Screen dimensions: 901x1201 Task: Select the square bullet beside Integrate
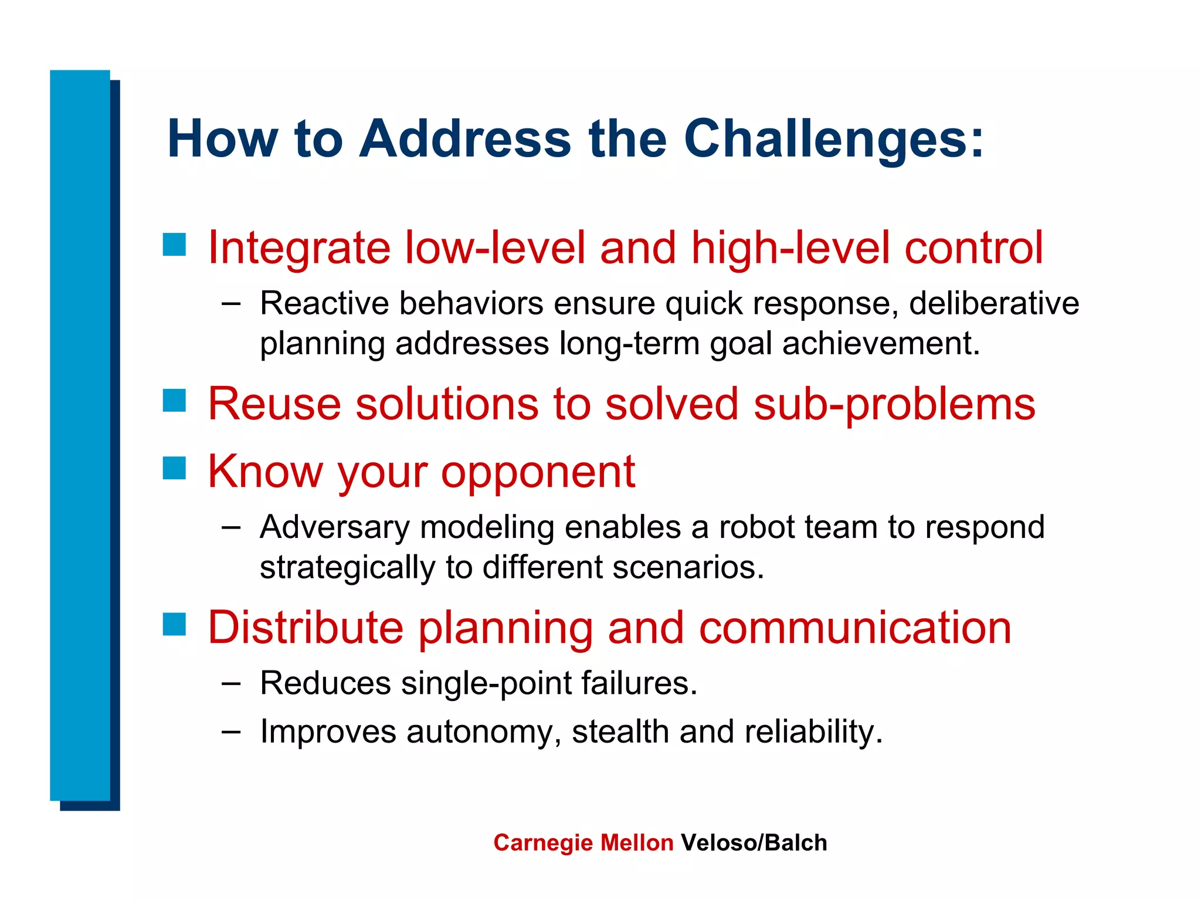tap(174, 245)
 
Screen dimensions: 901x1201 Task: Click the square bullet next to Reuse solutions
tap(174, 401)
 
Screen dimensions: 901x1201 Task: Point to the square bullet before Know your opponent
tap(174, 468)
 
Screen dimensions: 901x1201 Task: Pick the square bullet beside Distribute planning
tap(174, 624)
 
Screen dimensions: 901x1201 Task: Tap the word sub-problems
tap(894, 405)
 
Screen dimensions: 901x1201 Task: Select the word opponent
tap(538, 473)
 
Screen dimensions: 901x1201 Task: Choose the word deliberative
tap(994, 304)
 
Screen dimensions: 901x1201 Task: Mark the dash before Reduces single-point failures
tap(231, 683)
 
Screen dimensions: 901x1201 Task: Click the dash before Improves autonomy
tap(231, 732)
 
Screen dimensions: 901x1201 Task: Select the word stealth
tap(620, 732)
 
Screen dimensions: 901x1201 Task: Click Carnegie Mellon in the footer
tap(583, 843)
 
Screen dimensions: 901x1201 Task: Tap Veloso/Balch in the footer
tap(754, 843)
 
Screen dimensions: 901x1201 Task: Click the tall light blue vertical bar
tap(80, 434)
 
